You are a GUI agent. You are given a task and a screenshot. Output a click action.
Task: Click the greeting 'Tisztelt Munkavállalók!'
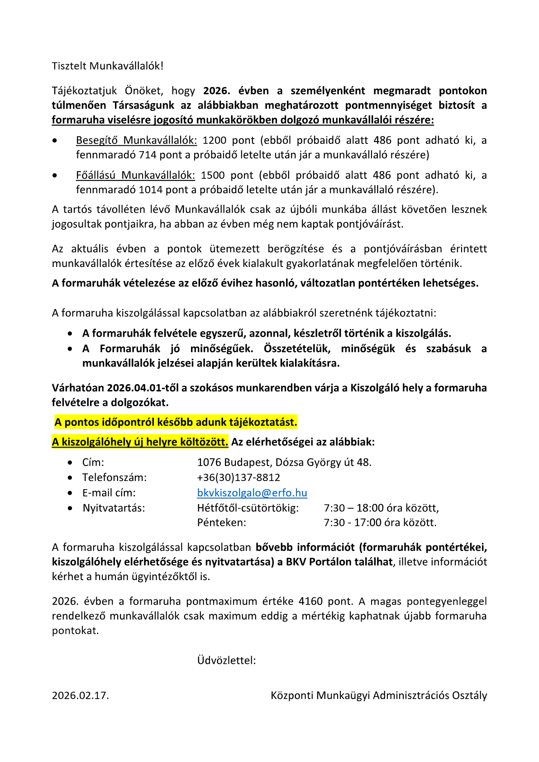(x=107, y=66)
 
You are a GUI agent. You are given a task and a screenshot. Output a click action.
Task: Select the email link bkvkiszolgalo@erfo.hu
(x=252, y=493)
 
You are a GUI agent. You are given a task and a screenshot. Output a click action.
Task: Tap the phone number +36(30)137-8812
(x=238, y=477)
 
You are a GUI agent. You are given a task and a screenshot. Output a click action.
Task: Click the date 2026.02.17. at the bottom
(x=80, y=695)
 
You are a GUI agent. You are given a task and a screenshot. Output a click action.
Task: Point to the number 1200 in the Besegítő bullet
(x=214, y=140)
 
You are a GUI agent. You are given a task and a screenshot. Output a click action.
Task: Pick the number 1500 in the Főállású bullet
(x=213, y=175)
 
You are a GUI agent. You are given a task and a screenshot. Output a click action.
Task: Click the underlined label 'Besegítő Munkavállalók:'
(x=136, y=140)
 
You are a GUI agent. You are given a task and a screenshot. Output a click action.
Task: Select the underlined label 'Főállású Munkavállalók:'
(x=135, y=175)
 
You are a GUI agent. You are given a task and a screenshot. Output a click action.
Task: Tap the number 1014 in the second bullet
(x=150, y=190)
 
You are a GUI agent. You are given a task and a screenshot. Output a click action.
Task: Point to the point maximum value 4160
(x=310, y=601)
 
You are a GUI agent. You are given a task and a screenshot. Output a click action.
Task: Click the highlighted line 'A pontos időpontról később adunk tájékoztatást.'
(x=176, y=423)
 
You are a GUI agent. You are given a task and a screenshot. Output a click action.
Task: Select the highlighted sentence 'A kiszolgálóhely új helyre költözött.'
(x=140, y=442)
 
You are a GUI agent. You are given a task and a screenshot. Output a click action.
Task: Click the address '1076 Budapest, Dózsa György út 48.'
(x=284, y=462)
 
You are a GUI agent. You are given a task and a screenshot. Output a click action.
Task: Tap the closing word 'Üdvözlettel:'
(x=226, y=661)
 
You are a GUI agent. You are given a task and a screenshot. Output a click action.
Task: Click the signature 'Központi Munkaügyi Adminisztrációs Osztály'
(x=379, y=695)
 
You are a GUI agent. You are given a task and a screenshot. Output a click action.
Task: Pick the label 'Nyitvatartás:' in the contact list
(x=114, y=508)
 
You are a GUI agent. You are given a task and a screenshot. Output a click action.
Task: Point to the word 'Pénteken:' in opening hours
(x=221, y=523)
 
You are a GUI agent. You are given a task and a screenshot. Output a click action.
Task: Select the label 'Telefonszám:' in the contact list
(x=114, y=477)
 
